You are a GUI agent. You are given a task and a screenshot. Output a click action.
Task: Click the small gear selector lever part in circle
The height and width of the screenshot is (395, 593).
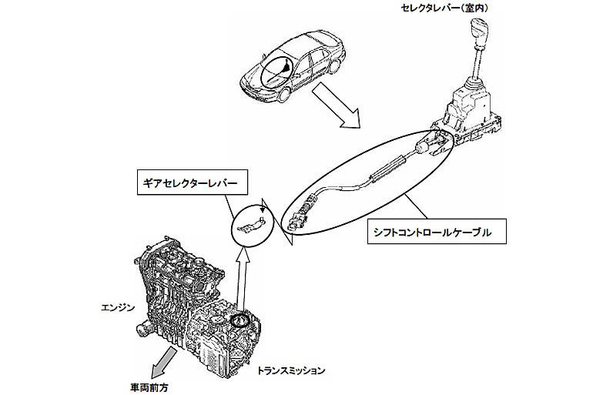tap(250, 225)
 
